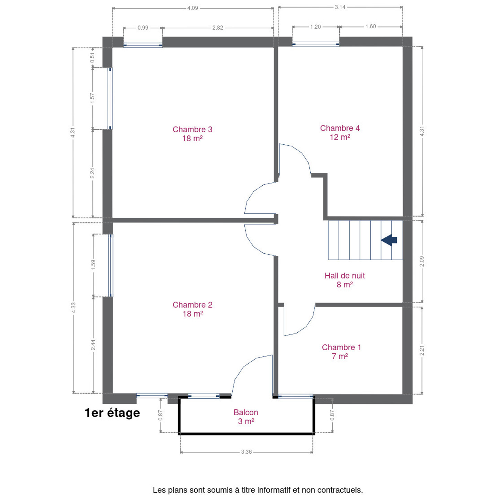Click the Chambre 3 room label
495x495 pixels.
192,134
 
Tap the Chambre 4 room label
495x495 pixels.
340,133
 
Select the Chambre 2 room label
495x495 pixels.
192,309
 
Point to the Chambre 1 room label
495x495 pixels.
341,352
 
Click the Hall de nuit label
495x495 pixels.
344,280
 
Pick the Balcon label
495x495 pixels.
246,417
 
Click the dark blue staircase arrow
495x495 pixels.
389,240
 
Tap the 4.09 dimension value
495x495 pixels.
192,8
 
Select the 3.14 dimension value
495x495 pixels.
340,7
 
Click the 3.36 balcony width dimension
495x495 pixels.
246,452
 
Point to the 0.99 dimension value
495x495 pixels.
143,28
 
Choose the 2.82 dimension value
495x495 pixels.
218,28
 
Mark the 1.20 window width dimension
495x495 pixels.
316,27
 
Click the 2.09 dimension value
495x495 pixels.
422,262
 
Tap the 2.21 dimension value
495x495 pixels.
422,350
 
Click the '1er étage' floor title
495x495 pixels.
112,413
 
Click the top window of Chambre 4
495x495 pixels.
316,44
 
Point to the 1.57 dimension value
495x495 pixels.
92,98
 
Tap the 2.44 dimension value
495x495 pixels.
93,345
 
